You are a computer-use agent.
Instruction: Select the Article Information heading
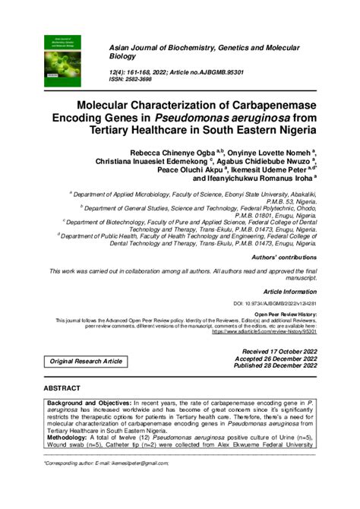289,291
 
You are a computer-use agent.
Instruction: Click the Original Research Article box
87,361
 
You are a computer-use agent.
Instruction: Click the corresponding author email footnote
106,462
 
